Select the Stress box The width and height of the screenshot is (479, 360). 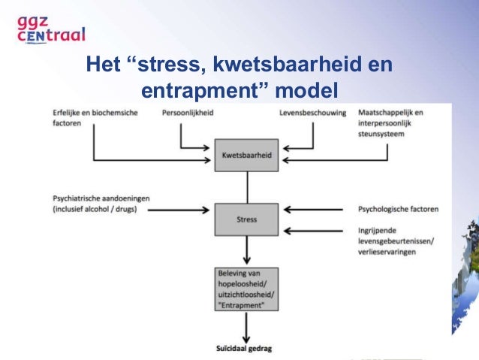tap(246, 219)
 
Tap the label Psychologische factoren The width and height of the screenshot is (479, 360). tap(397, 208)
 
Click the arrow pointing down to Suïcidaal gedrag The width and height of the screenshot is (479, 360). tap(246, 323)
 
